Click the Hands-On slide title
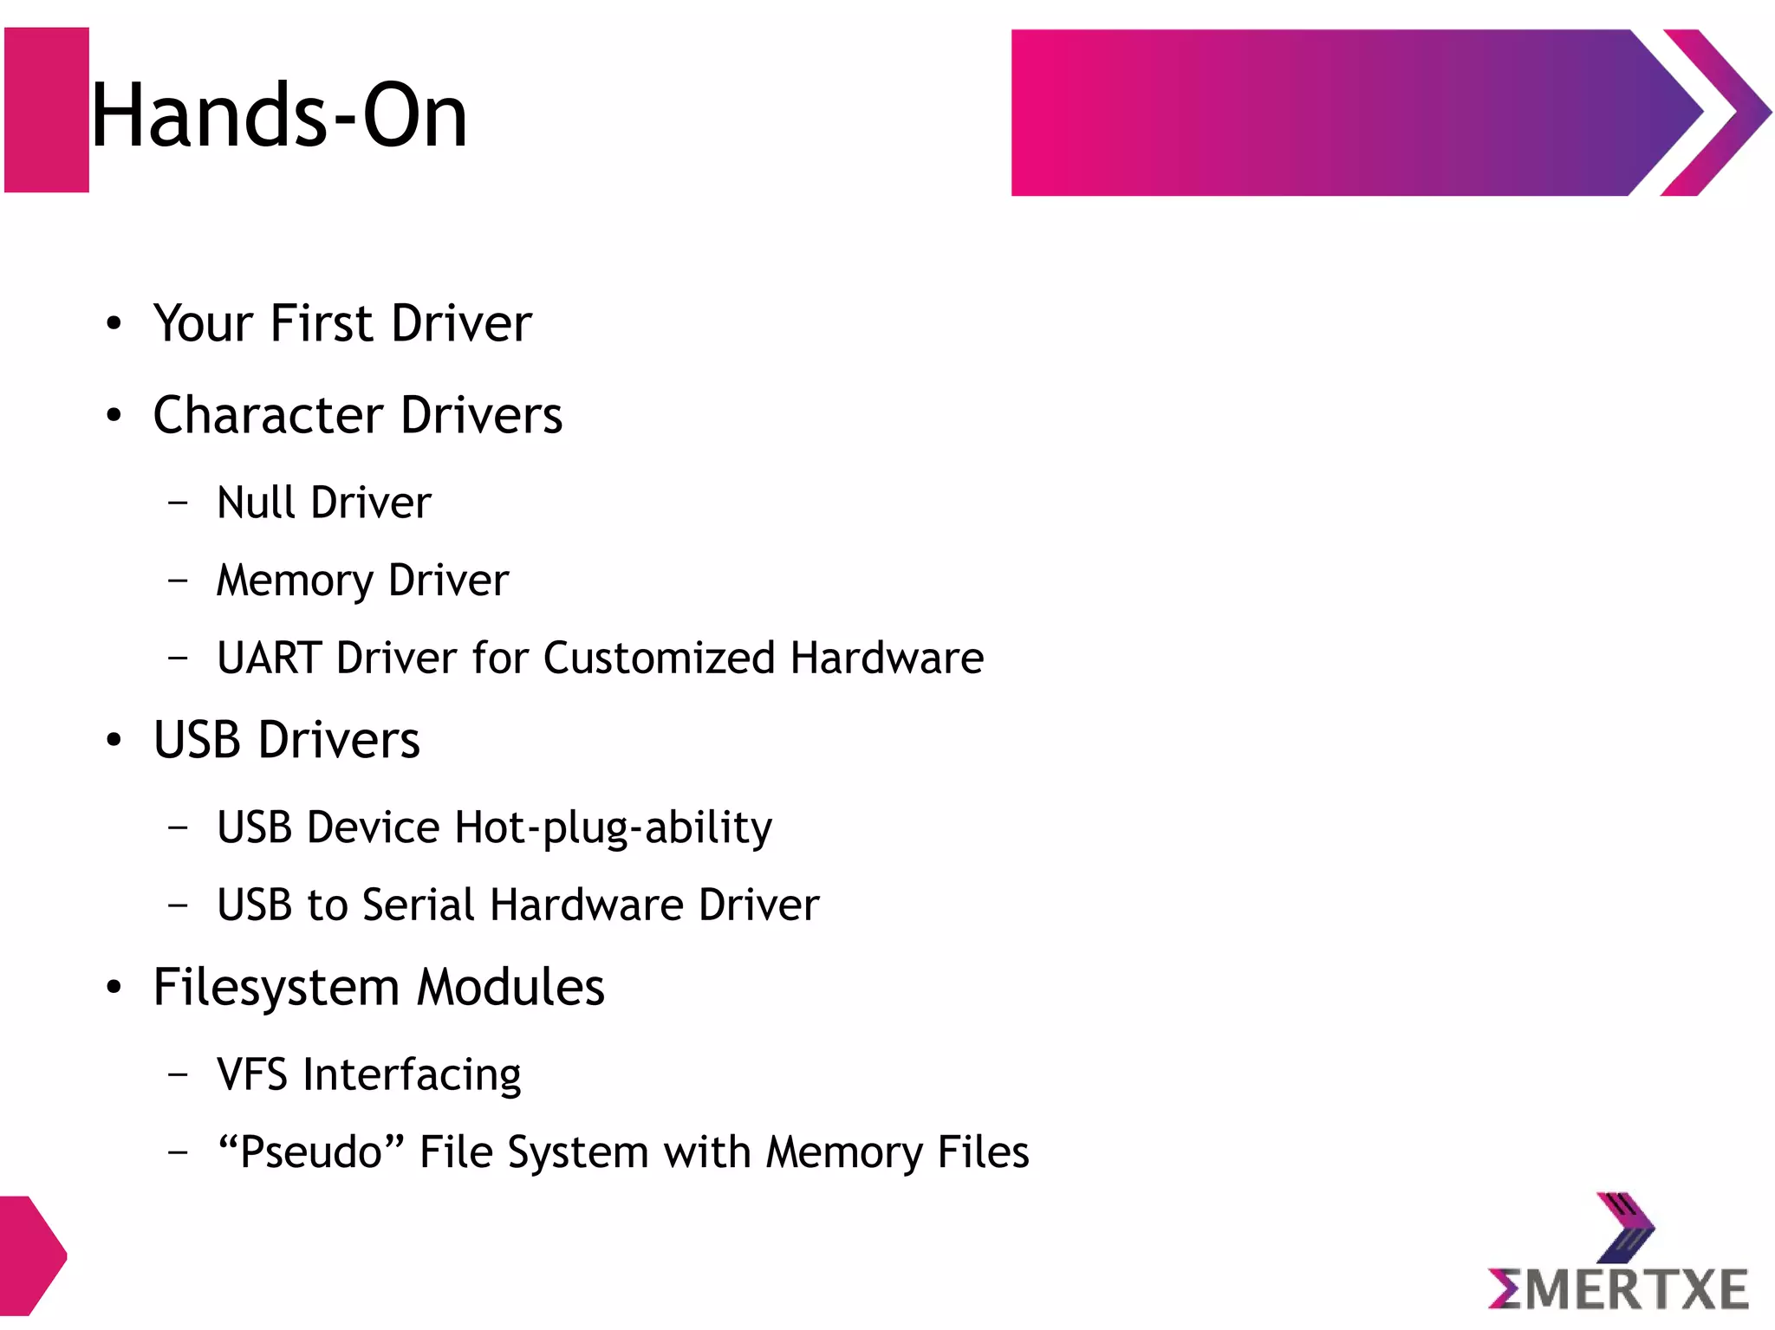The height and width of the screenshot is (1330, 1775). (x=279, y=116)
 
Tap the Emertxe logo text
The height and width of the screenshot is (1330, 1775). (x=1618, y=1289)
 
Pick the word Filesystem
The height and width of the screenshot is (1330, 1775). (x=276, y=988)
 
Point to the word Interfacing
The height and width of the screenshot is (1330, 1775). (x=412, y=1075)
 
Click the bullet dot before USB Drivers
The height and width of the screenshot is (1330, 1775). (x=114, y=741)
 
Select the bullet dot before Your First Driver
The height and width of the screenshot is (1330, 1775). (x=114, y=324)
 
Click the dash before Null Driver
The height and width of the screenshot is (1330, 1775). (x=179, y=502)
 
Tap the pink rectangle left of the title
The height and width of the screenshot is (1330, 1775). (x=47, y=110)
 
